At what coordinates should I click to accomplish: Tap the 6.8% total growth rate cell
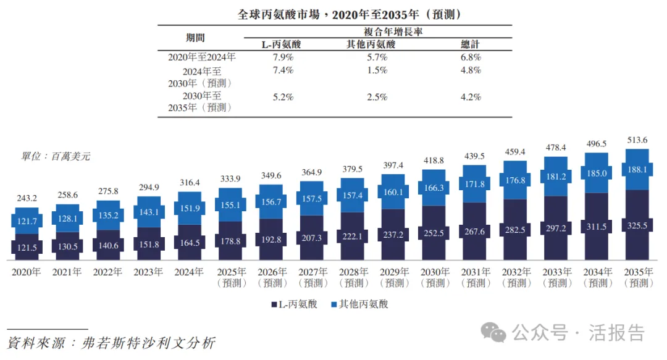click(x=471, y=57)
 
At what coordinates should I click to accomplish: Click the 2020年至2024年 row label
click(x=201, y=57)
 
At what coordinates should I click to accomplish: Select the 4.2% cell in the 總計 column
click(x=471, y=97)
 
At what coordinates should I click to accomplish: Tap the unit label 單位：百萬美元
click(x=56, y=157)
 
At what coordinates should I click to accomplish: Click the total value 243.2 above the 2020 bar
click(x=27, y=198)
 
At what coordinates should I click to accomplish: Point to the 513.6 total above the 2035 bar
click(x=637, y=140)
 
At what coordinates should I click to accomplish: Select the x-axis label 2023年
click(x=149, y=272)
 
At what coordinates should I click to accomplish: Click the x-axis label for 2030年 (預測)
click(x=434, y=277)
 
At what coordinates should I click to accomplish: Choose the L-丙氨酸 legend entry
click(x=294, y=304)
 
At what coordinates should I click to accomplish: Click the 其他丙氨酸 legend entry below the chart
click(x=360, y=304)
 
